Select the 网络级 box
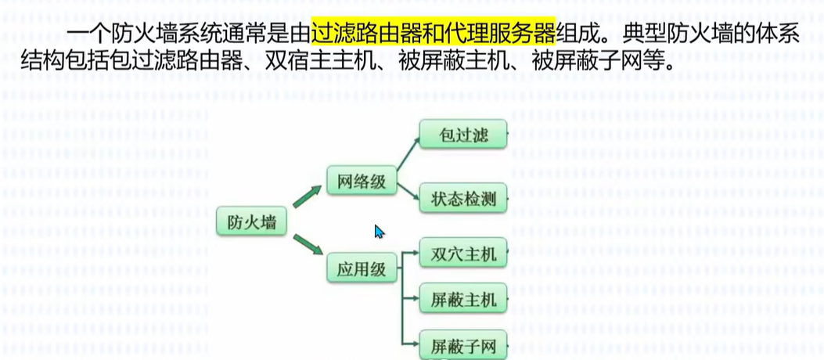[362, 182]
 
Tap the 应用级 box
[362, 269]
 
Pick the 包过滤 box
[464, 135]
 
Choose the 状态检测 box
[464, 199]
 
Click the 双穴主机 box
[464, 254]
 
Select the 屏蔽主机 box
[464, 299]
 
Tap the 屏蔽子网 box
[464, 345]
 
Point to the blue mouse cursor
[379, 231]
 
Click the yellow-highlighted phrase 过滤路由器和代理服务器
[433, 33]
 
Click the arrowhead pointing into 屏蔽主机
[416, 299]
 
